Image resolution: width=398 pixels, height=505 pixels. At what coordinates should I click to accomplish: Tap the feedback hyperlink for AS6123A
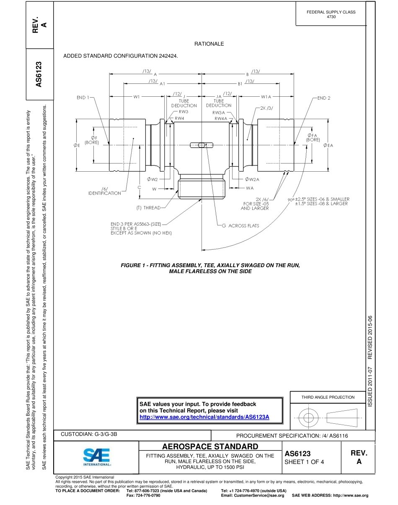(204, 417)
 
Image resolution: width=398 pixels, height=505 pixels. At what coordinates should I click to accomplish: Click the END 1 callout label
(83, 98)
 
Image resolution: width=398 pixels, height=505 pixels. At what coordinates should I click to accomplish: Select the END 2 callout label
(324, 98)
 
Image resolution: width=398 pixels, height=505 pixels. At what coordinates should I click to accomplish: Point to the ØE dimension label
(77, 145)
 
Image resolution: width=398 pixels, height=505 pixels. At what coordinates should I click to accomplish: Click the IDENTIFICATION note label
(104, 193)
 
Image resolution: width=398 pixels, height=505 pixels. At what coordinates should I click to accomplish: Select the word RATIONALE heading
(209, 44)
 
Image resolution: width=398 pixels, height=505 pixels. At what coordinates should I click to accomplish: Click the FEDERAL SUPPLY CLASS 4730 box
(331, 14)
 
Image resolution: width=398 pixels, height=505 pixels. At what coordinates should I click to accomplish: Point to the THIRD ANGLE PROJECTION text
(328, 397)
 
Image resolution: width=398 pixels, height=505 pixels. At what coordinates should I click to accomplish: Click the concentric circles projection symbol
(308, 417)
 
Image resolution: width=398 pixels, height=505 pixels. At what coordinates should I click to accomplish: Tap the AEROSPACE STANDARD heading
(210, 446)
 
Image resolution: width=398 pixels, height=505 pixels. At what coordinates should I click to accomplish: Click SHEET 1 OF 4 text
(304, 462)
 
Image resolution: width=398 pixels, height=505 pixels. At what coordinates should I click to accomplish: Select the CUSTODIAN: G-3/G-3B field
(89, 434)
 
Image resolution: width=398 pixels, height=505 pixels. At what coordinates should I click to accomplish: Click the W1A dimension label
(266, 97)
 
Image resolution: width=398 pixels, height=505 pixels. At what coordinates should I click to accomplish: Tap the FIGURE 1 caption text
(210, 268)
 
